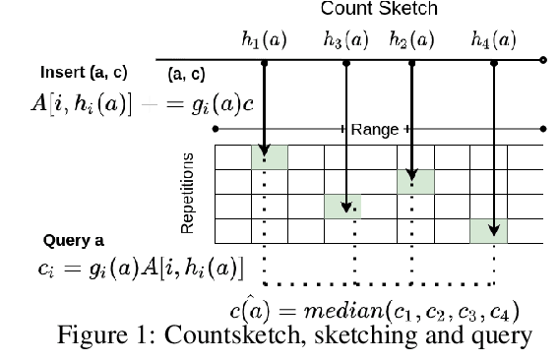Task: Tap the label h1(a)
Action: click(x=264, y=41)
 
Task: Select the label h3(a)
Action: click(x=345, y=41)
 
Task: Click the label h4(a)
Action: click(x=493, y=41)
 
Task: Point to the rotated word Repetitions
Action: click(x=187, y=193)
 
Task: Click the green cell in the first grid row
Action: click(x=269, y=157)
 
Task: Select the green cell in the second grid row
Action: click(x=414, y=181)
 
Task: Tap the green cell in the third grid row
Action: click(x=342, y=206)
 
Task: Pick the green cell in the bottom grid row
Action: click(x=488, y=230)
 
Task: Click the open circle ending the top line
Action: click(x=544, y=61)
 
